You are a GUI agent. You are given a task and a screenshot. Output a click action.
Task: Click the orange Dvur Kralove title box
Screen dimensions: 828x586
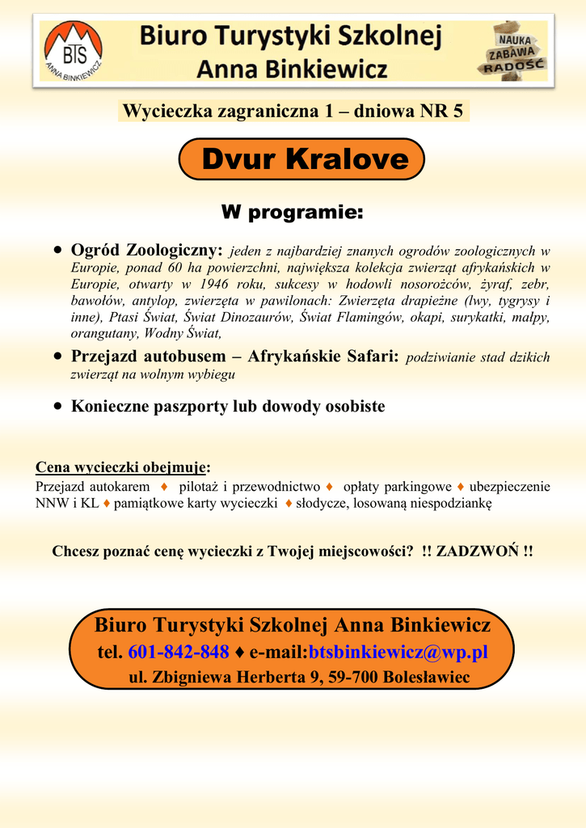point(301,159)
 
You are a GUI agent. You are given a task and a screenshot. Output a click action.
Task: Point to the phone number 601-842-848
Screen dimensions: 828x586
point(179,652)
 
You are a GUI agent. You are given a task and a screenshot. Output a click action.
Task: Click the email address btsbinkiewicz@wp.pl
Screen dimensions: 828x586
point(398,652)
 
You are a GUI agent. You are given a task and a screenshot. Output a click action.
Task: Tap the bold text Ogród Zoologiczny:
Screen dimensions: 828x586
point(146,251)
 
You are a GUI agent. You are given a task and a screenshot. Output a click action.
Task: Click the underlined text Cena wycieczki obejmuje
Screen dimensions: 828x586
point(121,467)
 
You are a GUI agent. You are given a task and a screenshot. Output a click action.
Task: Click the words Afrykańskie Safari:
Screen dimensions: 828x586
point(323,357)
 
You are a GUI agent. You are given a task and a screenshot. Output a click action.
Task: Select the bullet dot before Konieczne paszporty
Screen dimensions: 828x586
point(57,407)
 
